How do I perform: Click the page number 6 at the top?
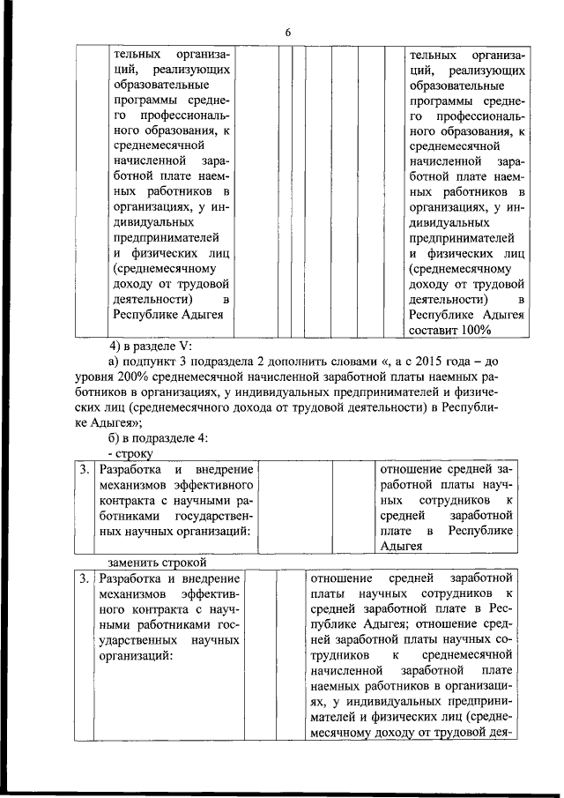pyautogui.click(x=287, y=33)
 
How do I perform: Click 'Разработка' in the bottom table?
pyautogui.click(x=129, y=578)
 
